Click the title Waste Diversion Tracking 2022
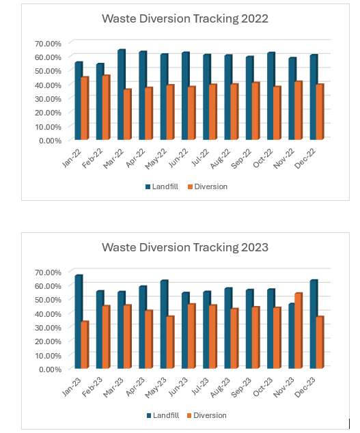click(184, 18)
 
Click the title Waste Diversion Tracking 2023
click(184, 247)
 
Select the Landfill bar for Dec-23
click(313, 324)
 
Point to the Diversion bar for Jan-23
click(84, 346)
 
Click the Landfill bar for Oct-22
click(271, 96)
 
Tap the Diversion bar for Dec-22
click(319, 112)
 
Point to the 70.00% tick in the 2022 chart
click(48, 42)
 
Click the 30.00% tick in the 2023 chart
click(48, 327)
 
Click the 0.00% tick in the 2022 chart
click(50, 140)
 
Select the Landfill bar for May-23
click(163, 325)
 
